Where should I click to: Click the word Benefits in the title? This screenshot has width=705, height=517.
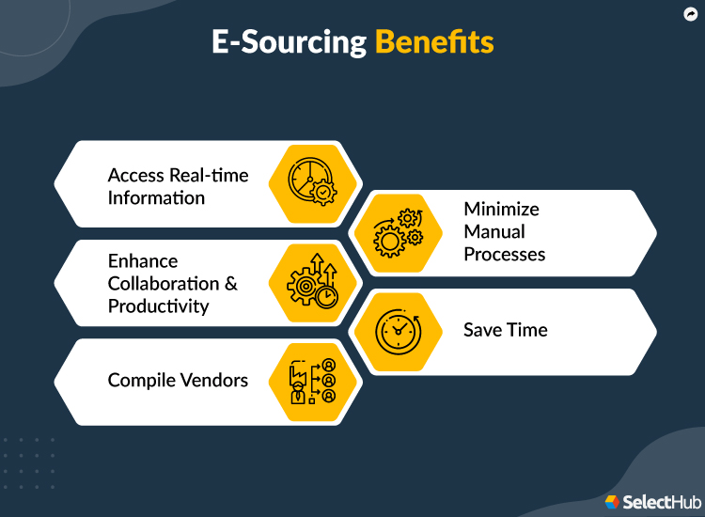point(433,42)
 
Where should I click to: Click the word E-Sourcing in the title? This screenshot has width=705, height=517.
point(288,42)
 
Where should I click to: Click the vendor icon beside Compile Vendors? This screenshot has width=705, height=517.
point(310,382)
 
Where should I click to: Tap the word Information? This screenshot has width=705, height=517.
point(156,197)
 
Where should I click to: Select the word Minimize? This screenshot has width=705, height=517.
point(501,209)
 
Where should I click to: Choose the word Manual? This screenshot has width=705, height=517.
point(494,231)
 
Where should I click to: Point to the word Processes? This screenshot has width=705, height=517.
point(504,254)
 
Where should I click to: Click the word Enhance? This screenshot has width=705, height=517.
point(143,260)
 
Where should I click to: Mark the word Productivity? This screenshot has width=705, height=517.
point(158,306)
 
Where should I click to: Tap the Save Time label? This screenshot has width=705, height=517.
point(505,330)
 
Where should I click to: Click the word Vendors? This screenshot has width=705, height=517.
point(215,380)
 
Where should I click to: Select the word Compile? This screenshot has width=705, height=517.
point(142,380)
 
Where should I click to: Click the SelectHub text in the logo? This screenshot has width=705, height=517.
point(656,502)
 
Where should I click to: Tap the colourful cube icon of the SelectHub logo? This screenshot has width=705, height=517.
point(613,502)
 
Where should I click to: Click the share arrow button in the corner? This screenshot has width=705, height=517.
point(689,15)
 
